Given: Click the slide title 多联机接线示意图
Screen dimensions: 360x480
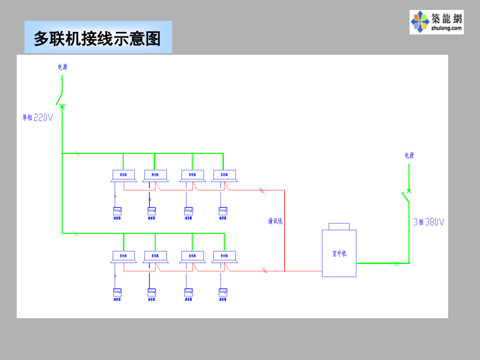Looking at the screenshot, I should (98, 39).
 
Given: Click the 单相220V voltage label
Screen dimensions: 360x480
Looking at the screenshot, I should (38, 118).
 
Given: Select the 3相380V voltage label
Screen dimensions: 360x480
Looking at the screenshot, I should (429, 222).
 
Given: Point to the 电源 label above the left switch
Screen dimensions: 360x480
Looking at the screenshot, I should (62, 67).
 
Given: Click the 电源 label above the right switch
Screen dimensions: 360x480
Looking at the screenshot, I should (409, 155).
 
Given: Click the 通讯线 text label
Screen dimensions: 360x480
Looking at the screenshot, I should (275, 221).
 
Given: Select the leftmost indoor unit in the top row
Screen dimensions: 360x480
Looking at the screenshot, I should (123, 175).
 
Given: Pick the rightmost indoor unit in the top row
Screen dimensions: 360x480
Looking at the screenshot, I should (224, 175).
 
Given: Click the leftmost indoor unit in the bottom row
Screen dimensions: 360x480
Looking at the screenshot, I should (124, 256).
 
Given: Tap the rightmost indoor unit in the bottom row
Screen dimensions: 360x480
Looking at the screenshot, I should (225, 256).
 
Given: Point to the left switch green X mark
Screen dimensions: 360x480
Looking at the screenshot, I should (62, 106).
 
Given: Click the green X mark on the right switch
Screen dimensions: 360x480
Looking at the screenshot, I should (409, 191).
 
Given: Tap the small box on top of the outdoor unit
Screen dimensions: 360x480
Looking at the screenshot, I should (339, 226).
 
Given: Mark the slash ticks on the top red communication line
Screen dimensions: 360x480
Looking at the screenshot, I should (262, 190).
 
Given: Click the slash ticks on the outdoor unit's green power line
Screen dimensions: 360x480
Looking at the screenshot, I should (396, 263).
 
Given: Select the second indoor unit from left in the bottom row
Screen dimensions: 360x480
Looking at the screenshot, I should (155, 256).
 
